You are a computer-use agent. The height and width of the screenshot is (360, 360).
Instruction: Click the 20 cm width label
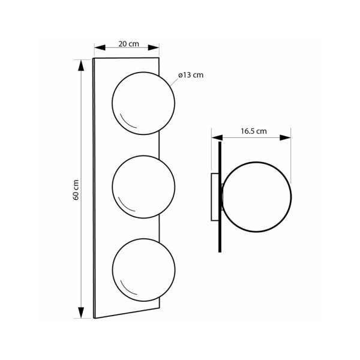128,44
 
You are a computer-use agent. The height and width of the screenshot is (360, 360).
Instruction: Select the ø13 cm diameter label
191,75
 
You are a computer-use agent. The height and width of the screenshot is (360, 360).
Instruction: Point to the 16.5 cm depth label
253,131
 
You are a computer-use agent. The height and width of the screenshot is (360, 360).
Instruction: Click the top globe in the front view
143,103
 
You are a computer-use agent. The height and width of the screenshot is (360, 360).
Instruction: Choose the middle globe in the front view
143,187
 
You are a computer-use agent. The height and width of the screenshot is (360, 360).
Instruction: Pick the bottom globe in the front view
143,270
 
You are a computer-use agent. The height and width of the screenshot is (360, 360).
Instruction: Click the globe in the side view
257,197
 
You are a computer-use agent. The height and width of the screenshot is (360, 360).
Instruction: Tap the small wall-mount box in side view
215,197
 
